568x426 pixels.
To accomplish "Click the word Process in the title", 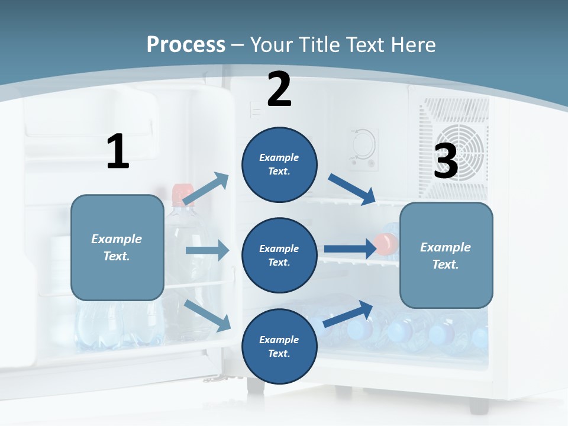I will click(186, 45).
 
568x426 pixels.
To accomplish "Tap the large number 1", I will click(118, 152).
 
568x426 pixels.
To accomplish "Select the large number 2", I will click(279, 89).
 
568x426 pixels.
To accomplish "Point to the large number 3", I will click(446, 162).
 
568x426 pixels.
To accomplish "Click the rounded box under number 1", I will click(117, 247).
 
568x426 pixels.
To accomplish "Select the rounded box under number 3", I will click(446, 255).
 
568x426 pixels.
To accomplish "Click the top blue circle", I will click(279, 164).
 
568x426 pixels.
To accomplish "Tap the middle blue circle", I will click(279, 255).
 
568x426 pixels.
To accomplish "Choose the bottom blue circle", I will click(279, 346).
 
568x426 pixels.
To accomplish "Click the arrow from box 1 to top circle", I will click(206, 189).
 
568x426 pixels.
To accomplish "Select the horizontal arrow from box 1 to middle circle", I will click(207, 250).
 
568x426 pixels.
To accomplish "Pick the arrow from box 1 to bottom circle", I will click(208, 315).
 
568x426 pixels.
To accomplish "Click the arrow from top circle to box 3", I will click(352, 189).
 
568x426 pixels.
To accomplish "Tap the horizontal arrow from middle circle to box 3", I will click(350, 248).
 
